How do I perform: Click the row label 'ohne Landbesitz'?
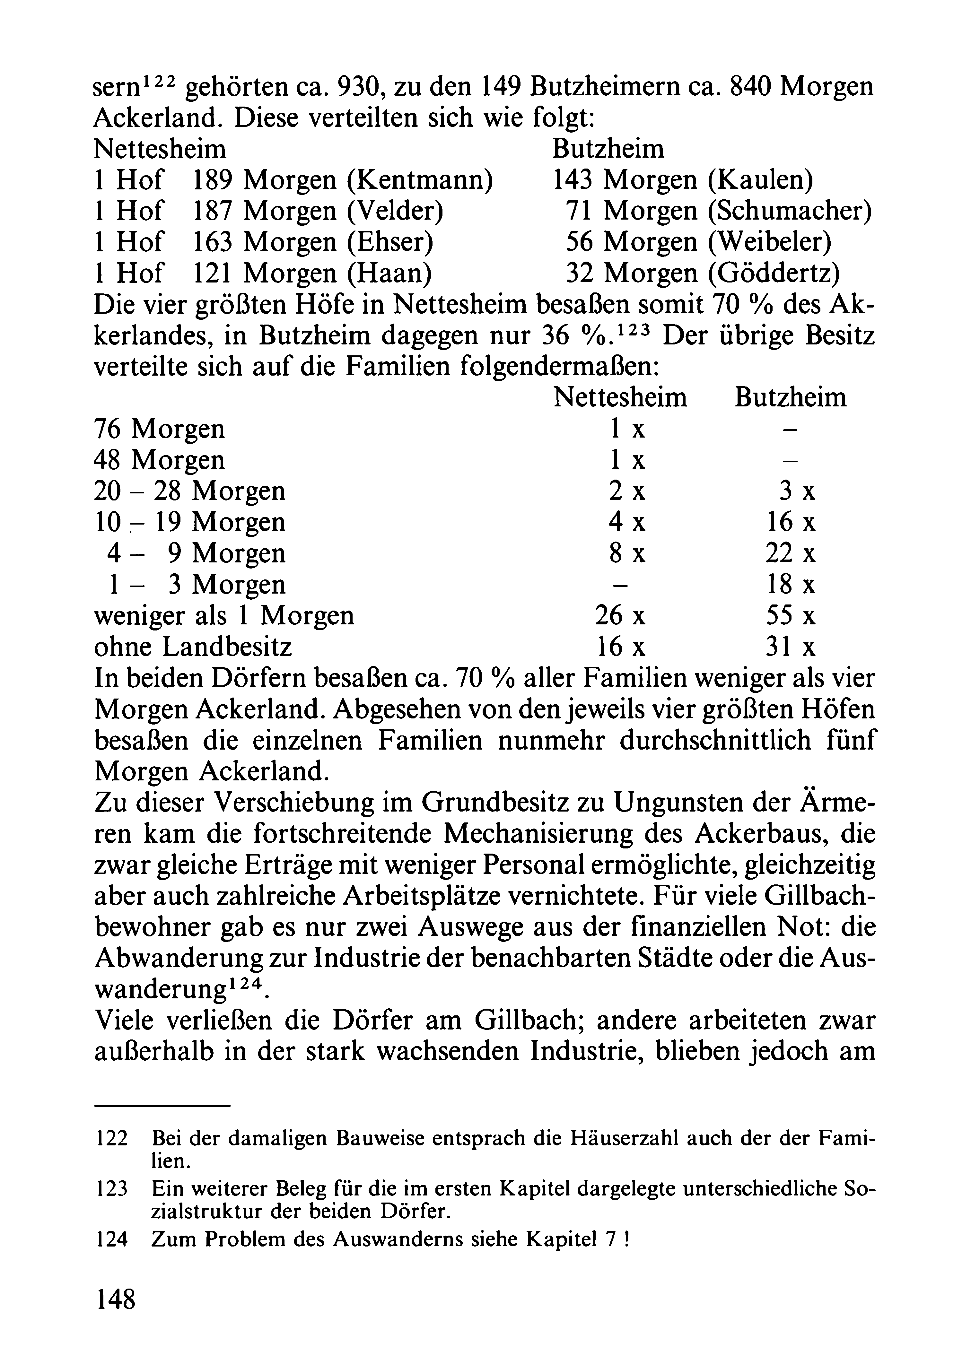click(x=193, y=647)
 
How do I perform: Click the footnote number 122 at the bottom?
click(x=112, y=1139)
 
